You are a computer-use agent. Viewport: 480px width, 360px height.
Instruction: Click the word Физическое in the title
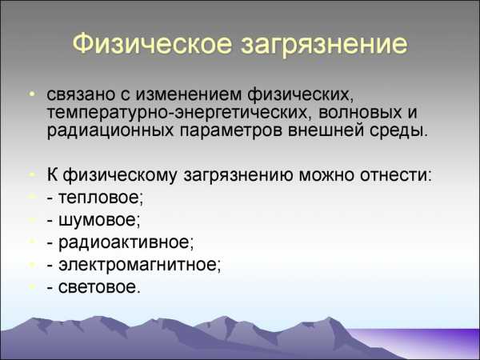point(152,43)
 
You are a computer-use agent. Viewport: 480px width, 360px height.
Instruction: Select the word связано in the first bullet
point(80,95)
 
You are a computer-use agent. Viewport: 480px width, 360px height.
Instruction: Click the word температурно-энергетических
point(177,114)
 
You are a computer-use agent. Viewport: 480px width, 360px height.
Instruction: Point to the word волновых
point(360,113)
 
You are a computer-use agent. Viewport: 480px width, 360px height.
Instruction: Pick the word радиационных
point(110,131)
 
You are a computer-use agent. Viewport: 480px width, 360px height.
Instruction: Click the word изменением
point(189,95)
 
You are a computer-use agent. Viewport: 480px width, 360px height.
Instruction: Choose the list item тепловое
point(95,198)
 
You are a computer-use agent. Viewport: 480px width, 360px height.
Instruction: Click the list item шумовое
point(94,220)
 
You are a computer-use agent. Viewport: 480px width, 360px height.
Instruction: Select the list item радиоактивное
point(120,242)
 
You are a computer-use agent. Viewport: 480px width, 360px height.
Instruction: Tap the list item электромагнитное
point(134,265)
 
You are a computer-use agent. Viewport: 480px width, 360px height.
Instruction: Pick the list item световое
point(94,287)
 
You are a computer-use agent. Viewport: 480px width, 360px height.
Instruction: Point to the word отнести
point(396,175)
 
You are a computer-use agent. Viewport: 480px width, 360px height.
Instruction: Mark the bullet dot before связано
point(32,93)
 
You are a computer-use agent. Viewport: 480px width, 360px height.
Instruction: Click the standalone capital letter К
point(52,174)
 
